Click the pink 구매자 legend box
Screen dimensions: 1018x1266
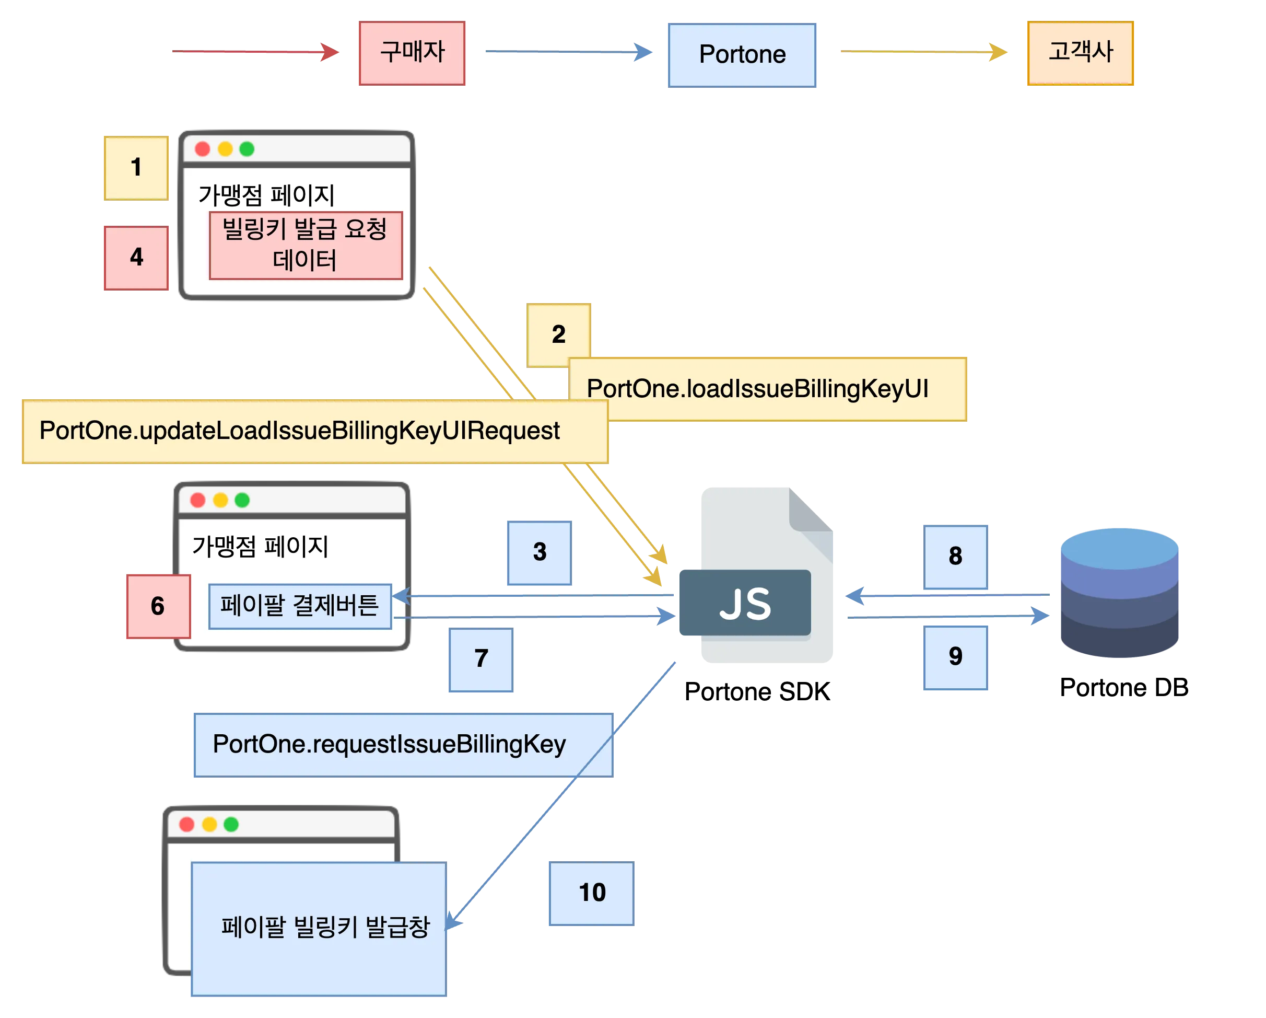click(412, 53)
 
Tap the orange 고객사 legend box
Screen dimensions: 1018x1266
click(1080, 53)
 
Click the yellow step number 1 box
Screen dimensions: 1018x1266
click(136, 167)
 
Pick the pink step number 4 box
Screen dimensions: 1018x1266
click(136, 257)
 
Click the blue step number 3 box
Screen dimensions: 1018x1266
click(539, 553)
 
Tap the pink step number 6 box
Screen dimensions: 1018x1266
click(158, 606)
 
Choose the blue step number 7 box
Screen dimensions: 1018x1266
click(480, 660)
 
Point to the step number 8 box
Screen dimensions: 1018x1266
click(955, 556)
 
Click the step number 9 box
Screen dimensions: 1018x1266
click(955, 657)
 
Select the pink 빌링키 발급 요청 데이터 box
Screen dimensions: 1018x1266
click(306, 245)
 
